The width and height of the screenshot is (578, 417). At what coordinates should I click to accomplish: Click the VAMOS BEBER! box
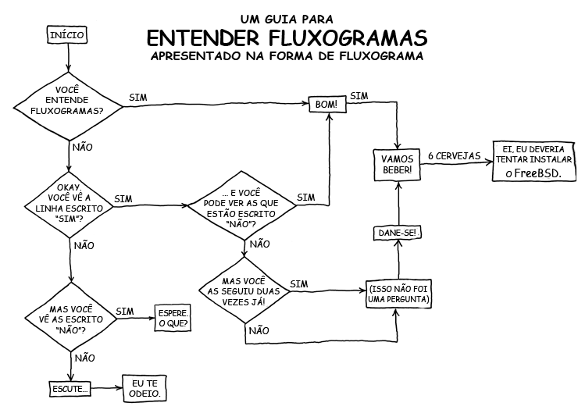coord(398,164)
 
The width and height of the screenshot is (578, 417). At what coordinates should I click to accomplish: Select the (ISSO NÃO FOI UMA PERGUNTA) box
coord(398,294)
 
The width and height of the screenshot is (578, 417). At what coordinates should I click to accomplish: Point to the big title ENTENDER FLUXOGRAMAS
coord(287,38)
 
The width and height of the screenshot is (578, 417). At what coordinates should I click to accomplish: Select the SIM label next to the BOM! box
coord(359,96)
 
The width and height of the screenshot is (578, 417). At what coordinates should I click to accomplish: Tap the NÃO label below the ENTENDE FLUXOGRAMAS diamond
coord(83,146)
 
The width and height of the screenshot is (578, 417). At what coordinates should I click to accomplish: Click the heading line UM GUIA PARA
coord(287,18)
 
